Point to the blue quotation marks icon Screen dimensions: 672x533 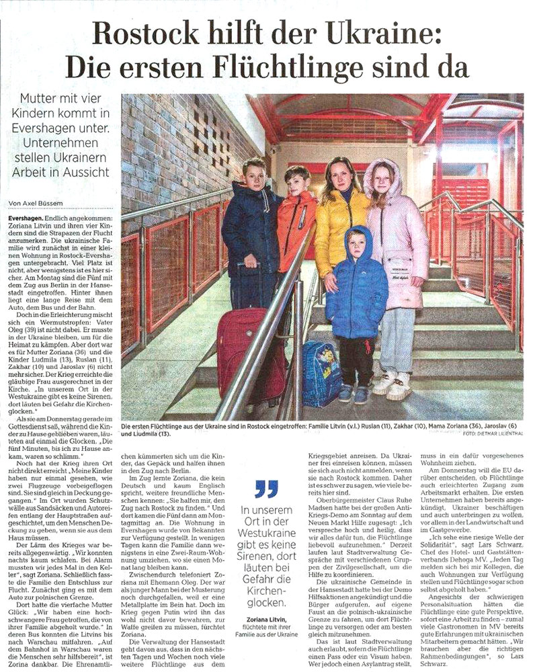(x=265, y=489)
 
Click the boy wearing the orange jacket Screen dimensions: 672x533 (x=296, y=222)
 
